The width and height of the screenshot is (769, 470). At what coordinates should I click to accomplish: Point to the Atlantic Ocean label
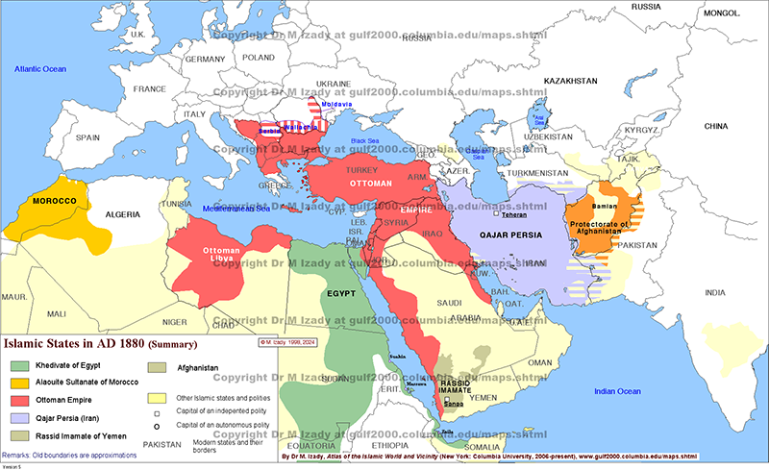coord(40,69)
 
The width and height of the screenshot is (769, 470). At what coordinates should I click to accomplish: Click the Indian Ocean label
coord(616,391)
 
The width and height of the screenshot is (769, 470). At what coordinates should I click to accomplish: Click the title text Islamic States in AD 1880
coord(101,343)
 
